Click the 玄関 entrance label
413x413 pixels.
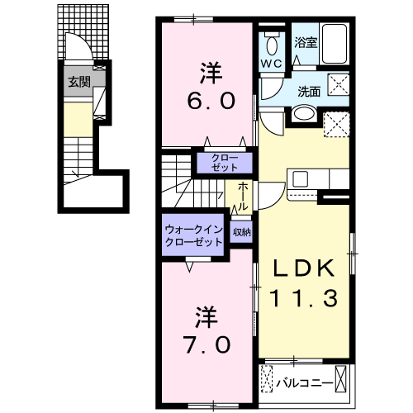[79, 81]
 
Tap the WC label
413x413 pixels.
[272, 62]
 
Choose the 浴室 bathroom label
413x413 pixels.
[306, 42]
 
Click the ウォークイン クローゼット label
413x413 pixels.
[193, 236]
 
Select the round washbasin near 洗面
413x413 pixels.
[302, 115]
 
